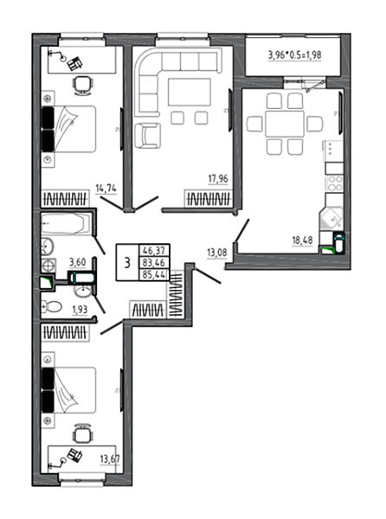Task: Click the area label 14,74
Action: pyautogui.click(x=106, y=189)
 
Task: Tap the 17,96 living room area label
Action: pyautogui.click(x=218, y=179)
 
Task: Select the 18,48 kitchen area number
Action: pyautogui.click(x=302, y=240)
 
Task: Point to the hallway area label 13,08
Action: pyautogui.click(x=217, y=253)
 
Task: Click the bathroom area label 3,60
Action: pyautogui.click(x=77, y=262)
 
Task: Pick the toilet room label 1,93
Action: pyautogui.click(x=80, y=310)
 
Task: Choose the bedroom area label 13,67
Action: pyautogui.click(x=110, y=459)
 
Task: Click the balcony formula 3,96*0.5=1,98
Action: pyautogui.click(x=294, y=55)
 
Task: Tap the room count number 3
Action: pyautogui.click(x=127, y=263)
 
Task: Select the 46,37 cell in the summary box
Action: pyautogui.click(x=154, y=250)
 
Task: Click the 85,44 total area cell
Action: pyautogui.click(x=154, y=275)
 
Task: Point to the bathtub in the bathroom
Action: pyautogui.click(x=66, y=224)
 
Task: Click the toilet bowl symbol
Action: pyautogui.click(x=51, y=306)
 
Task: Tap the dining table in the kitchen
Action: pyautogui.click(x=285, y=124)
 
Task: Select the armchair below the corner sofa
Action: pyautogui.click(x=148, y=136)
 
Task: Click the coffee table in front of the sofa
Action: pyautogui.click(x=190, y=92)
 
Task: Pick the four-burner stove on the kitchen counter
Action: pyautogui.click(x=334, y=183)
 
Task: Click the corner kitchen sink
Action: pyautogui.click(x=331, y=218)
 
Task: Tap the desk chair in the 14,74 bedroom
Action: pyautogui.click(x=82, y=86)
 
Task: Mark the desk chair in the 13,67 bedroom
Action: pyautogui.click(x=82, y=433)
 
